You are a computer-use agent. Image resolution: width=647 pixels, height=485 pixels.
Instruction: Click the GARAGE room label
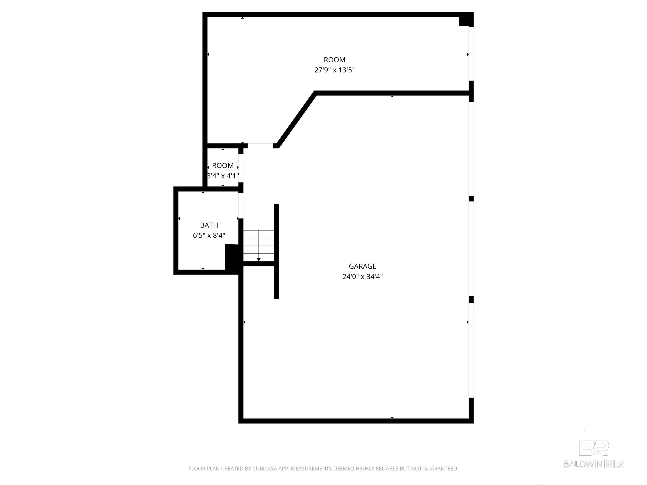click(362, 266)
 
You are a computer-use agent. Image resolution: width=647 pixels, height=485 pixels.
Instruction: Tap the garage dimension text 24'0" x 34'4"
click(362, 277)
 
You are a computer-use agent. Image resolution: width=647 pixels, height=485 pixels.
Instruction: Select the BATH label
click(209, 225)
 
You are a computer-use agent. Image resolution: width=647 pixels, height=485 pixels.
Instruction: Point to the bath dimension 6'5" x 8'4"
click(209, 235)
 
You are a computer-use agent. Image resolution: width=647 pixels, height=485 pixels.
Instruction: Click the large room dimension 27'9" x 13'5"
click(334, 70)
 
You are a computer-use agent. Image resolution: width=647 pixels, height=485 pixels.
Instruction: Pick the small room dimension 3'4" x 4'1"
click(223, 176)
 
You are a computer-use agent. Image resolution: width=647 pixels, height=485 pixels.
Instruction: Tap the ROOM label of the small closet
click(223, 166)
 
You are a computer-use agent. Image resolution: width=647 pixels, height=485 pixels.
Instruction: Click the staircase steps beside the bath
click(259, 246)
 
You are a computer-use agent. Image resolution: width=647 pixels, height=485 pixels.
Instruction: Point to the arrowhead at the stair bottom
click(259, 260)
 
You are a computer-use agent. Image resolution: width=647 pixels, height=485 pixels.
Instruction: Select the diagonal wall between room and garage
click(296, 120)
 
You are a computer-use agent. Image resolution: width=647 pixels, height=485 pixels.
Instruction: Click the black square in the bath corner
click(233, 257)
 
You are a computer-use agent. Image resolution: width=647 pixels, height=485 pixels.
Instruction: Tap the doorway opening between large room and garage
click(260, 146)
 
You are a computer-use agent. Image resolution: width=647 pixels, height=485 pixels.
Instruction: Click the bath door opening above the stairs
click(241, 205)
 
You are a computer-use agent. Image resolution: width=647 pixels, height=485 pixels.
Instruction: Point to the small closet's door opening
click(241, 168)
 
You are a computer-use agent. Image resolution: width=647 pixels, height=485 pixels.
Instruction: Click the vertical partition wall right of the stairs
click(276, 251)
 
